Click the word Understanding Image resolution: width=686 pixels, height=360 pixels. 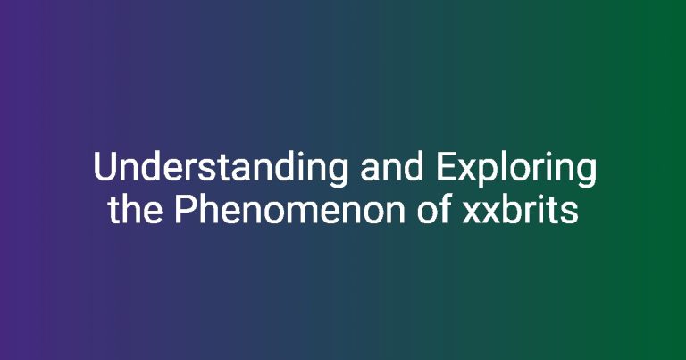221,169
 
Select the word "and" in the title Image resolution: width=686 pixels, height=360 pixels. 391,167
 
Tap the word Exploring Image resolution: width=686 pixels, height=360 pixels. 515,169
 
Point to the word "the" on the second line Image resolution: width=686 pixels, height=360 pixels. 135,210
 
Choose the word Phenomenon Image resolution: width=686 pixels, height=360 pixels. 289,210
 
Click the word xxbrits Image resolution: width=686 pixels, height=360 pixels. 521,210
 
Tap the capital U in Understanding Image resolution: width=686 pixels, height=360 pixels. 105,167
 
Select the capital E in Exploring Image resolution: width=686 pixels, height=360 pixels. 447,167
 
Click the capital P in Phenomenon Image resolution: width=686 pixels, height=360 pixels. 187,210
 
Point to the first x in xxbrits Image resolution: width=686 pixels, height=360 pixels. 473,213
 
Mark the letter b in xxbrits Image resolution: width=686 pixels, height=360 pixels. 512,210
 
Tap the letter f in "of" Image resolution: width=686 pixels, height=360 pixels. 446,209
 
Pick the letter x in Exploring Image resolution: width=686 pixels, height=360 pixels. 468,171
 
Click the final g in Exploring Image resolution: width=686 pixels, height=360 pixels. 586,174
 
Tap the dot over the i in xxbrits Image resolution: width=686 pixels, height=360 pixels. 540,197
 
